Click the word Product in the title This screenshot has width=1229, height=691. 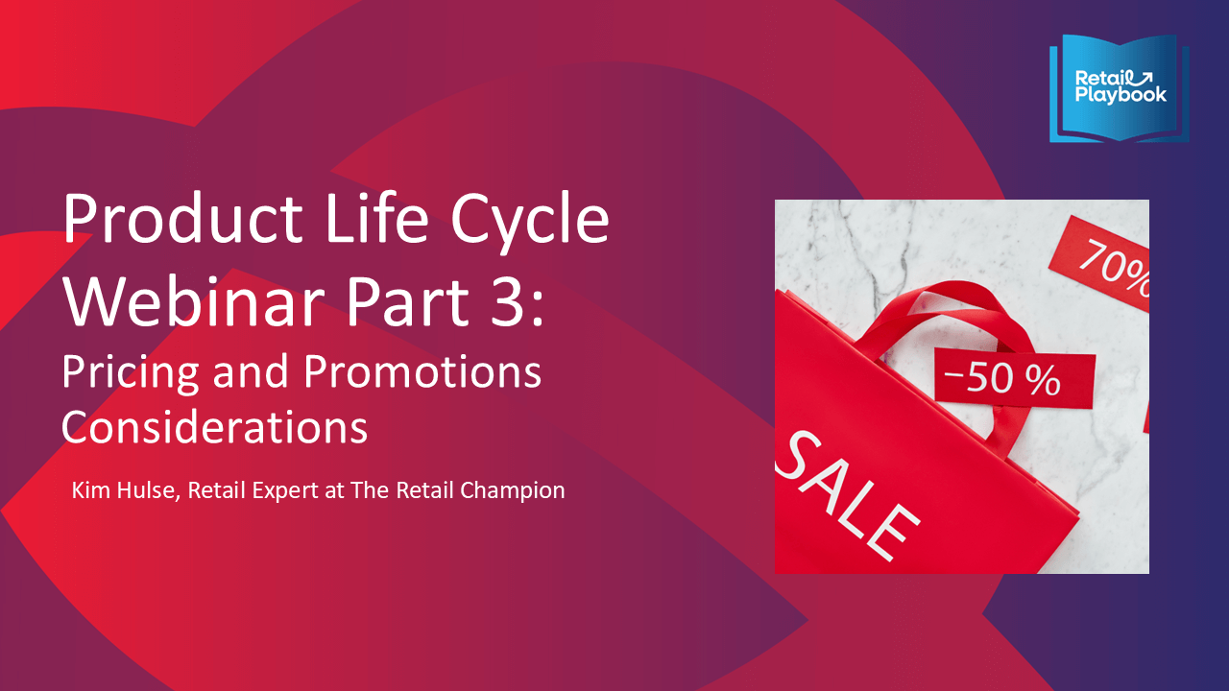point(183,217)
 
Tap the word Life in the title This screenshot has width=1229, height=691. point(376,217)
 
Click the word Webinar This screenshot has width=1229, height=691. point(194,300)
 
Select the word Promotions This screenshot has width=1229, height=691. point(422,371)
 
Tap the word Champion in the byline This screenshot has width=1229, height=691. point(513,490)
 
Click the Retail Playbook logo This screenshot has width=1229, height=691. point(1119,88)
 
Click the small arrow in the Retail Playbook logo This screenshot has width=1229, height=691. point(1143,78)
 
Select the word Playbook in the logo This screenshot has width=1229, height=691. point(1121,94)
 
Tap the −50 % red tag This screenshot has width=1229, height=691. point(1015,378)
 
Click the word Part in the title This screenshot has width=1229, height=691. point(406,301)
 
